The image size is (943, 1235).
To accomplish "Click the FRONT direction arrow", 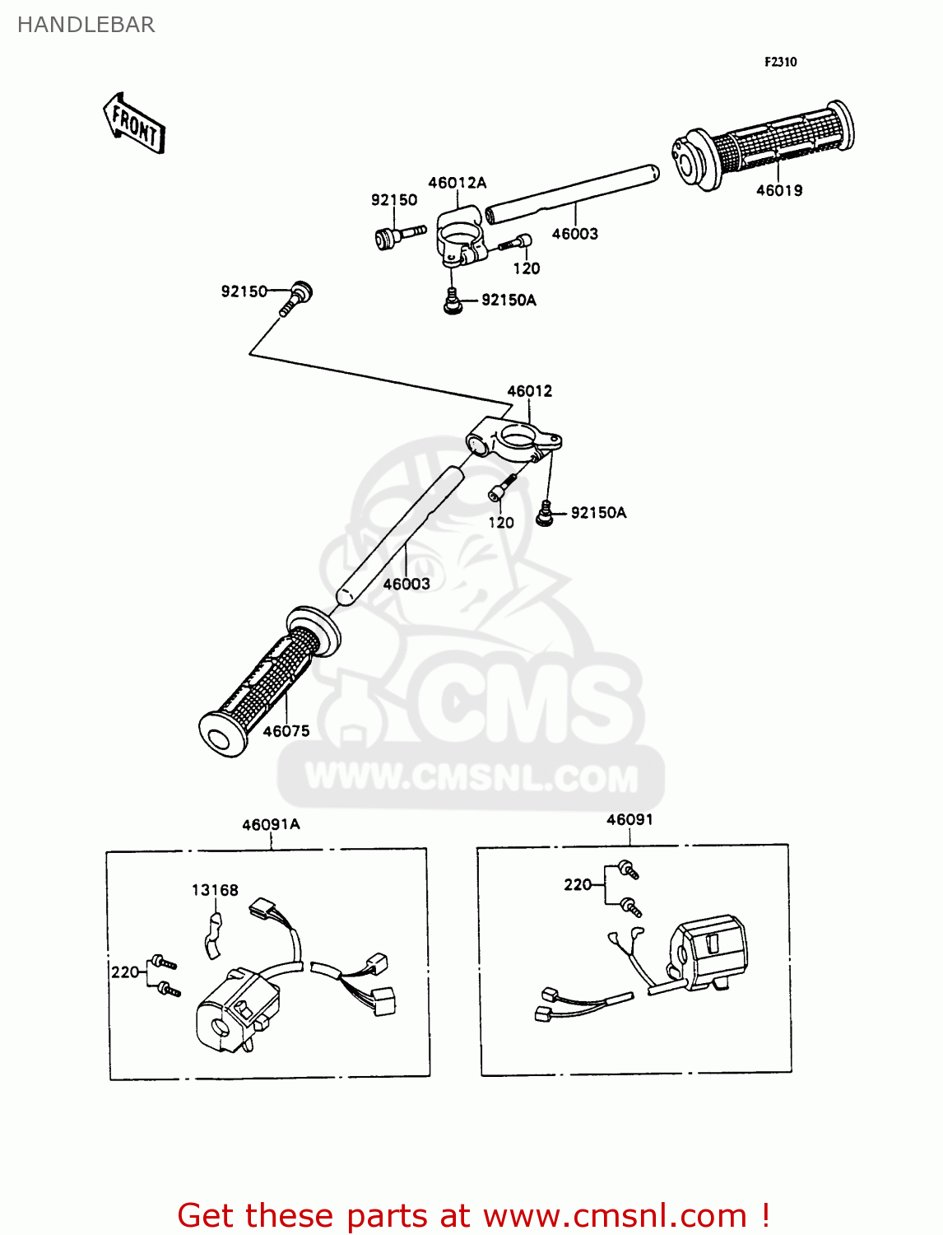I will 134,124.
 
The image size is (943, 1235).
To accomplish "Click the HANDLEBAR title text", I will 86,25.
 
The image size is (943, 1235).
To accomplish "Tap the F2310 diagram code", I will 780,62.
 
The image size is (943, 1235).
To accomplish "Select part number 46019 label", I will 778,191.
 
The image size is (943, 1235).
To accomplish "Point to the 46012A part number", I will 457,183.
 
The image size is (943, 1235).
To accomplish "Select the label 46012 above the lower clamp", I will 529,391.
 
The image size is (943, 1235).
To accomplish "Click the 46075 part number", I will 286,731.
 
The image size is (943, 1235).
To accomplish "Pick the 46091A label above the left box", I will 271,824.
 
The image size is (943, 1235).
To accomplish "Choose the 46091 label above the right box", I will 629,819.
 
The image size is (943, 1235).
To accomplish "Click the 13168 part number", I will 215,890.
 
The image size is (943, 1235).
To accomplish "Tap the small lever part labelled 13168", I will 212,936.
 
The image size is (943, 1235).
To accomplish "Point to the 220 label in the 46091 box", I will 578,885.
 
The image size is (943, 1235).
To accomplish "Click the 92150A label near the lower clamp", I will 598,513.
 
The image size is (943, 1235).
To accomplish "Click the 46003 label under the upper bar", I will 574,234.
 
